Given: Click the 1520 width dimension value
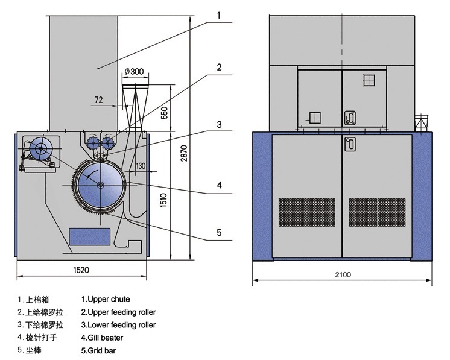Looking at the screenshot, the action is pyautogui.click(x=81, y=270).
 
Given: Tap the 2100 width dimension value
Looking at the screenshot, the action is pyautogui.click(x=343, y=275).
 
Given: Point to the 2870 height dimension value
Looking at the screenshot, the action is pyautogui.click(x=184, y=153).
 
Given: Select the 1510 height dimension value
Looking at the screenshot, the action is pyautogui.click(x=163, y=200).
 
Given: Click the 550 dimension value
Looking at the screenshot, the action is pyautogui.click(x=164, y=113).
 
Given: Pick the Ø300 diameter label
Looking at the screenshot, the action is pyautogui.click(x=135, y=71).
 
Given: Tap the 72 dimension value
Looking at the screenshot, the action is pyautogui.click(x=98, y=99).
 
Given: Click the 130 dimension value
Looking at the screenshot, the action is pyautogui.click(x=141, y=166).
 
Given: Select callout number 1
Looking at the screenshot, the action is pyautogui.click(x=219, y=16).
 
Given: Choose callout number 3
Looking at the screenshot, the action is pyautogui.click(x=219, y=124).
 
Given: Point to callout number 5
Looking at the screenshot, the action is pyautogui.click(x=219, y=232).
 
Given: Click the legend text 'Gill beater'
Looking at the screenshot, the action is pyautogui.click(x=102, y=338).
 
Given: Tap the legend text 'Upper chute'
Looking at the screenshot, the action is pyautogui.click(x=106, y=299).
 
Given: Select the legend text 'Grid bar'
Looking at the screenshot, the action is pyautogui.click(x=98, y=350).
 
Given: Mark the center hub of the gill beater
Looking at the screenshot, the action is pyautogui.click(x=100, y=185).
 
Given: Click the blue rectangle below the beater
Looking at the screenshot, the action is pyautogui.click(x=90, y=236).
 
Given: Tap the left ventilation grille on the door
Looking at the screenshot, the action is pyautogui.click(x=307, y=212).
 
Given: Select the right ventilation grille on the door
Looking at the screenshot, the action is pyautogui.click(x=378, y=212).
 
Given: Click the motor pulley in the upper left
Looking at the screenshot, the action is pyautogui.click(x=41, y=148).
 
